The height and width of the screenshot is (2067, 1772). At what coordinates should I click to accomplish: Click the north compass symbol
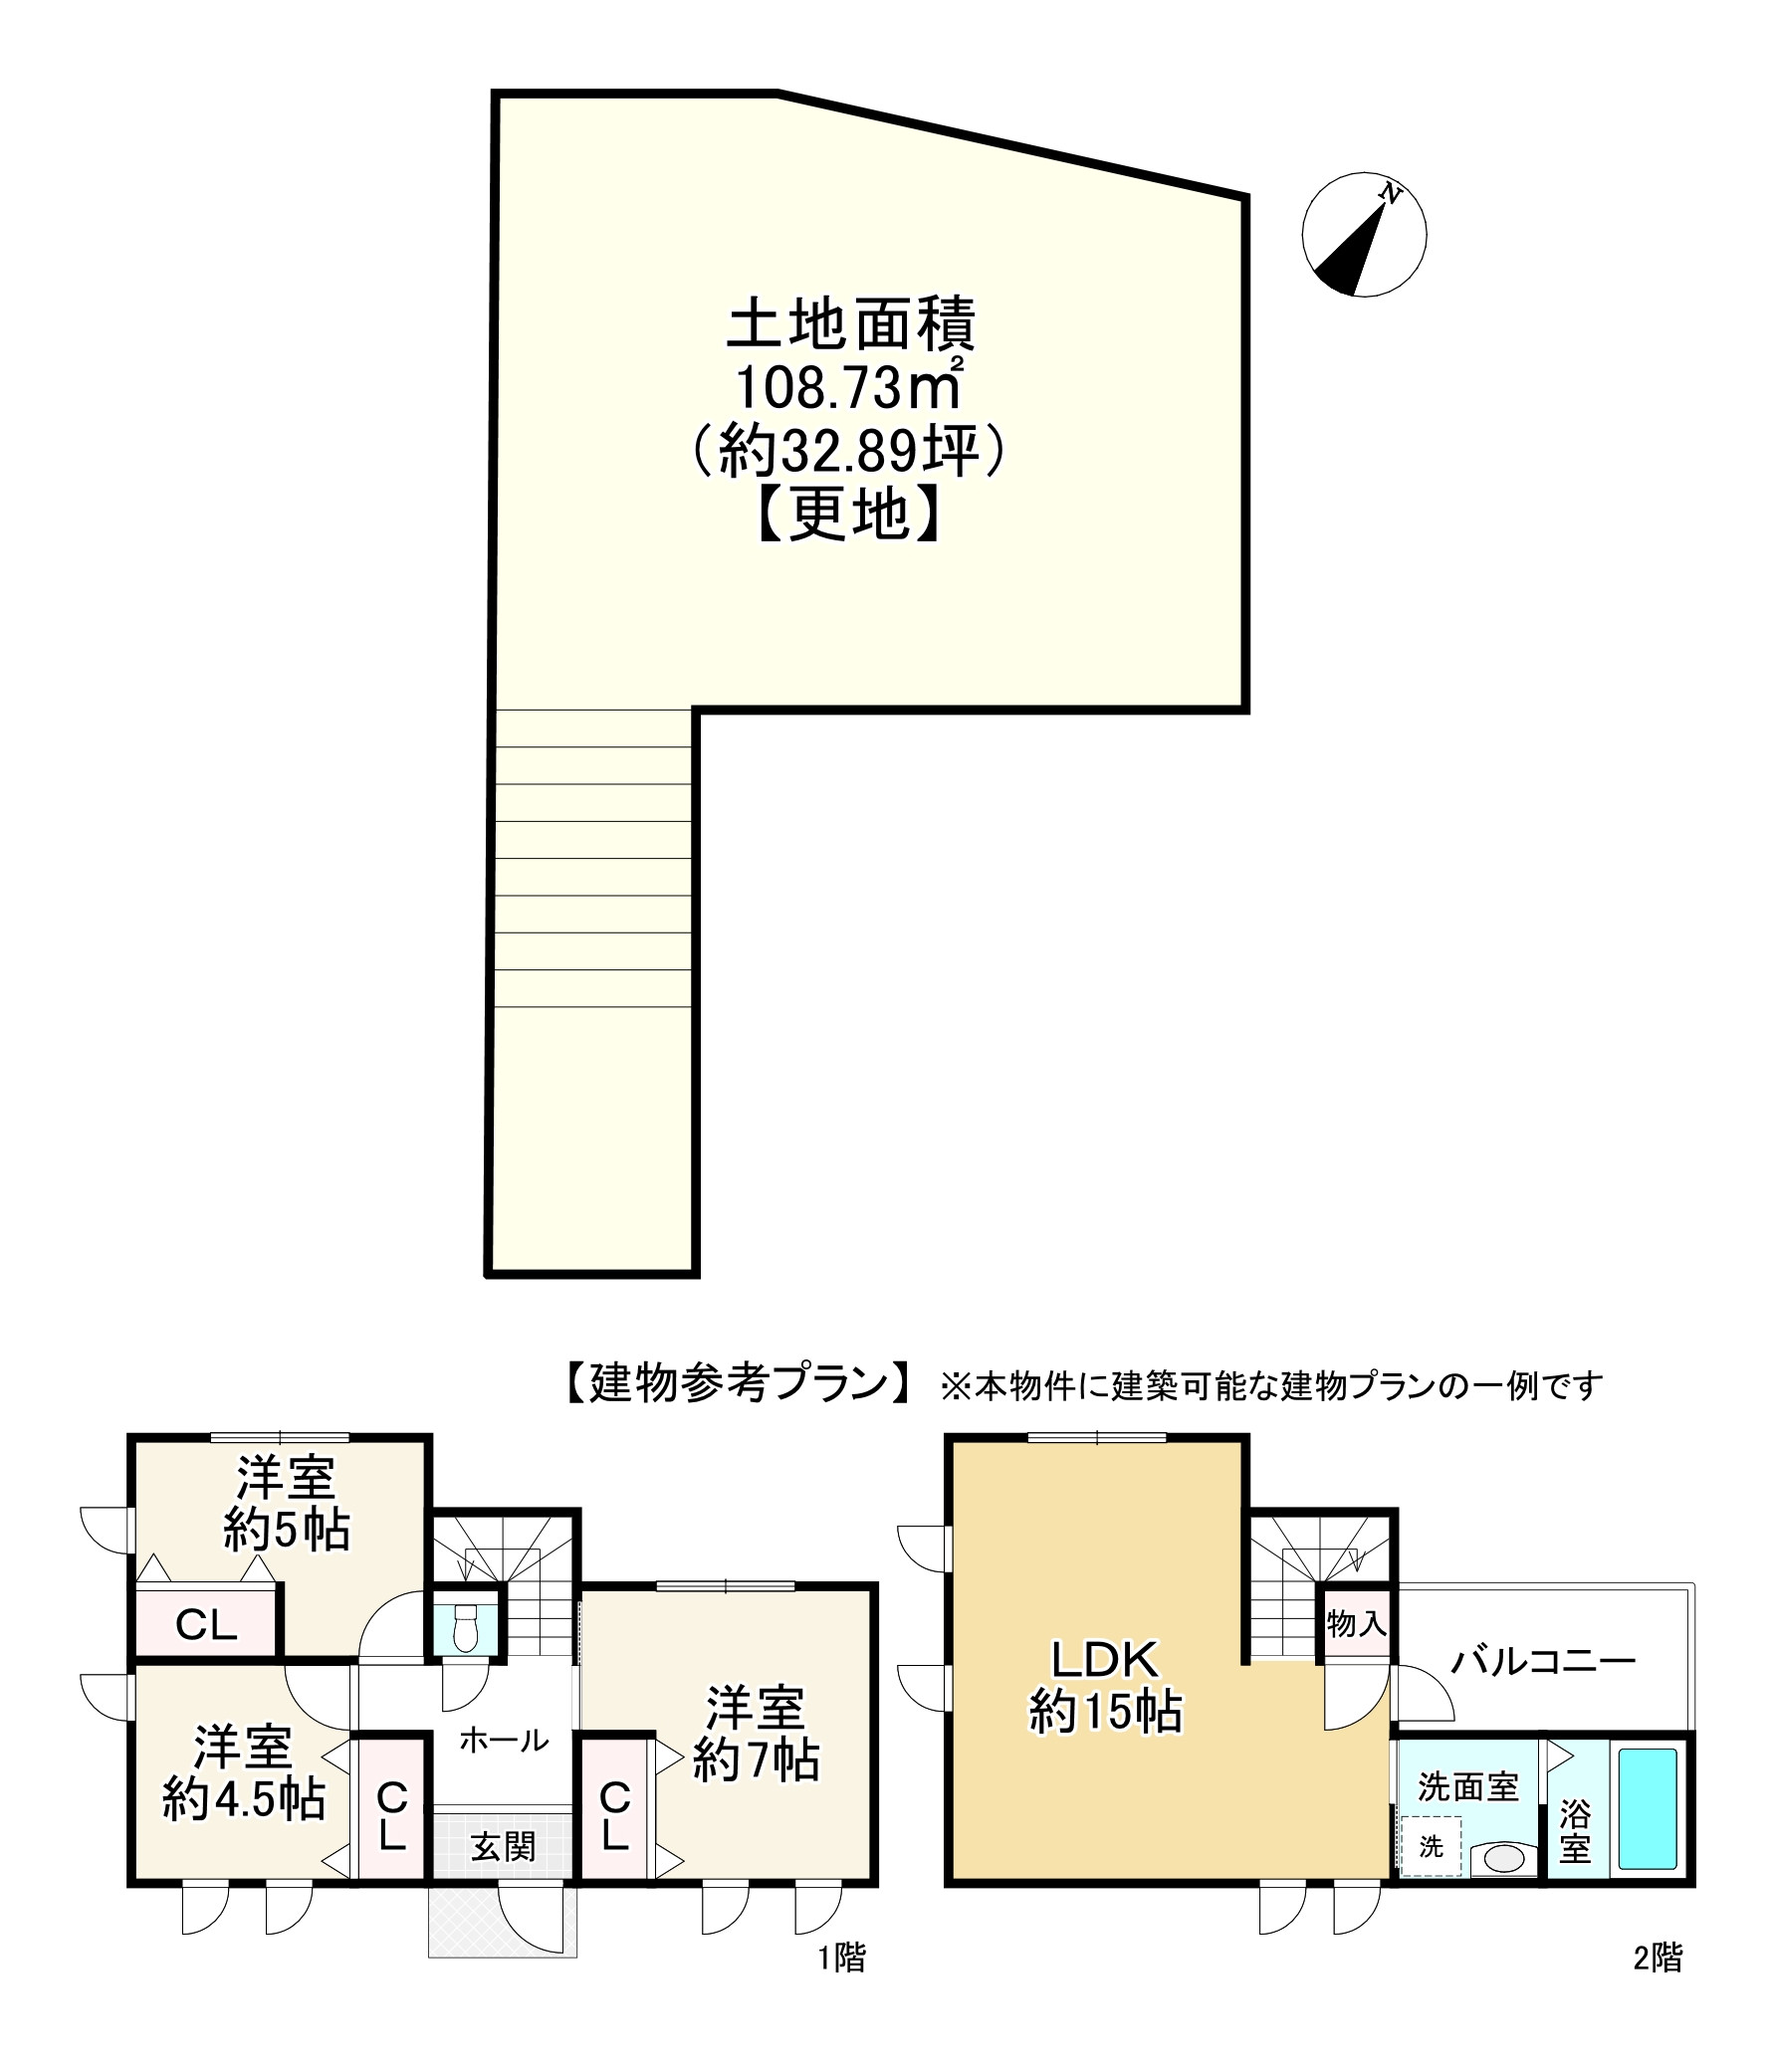(x=1363, y=236)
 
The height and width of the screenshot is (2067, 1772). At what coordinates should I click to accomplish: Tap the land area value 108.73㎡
(x=848, y=388)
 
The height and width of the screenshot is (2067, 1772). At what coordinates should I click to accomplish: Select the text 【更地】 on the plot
(x=848, y=516)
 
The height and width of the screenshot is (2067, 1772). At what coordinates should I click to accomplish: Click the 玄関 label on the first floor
(x=503, y=1847)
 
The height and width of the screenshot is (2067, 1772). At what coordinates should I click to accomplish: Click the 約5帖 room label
(x=286, y=1529)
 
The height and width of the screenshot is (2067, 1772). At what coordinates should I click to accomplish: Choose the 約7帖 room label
(x=756, y=1760)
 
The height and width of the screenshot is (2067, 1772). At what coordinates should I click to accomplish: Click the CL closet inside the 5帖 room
(x=206, y=1626)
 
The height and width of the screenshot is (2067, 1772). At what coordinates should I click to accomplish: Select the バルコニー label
(x=1542, y=1661)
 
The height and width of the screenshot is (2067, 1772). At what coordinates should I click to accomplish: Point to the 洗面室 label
(x=1467, y=1786)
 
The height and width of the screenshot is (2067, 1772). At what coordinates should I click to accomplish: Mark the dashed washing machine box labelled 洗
(x=1431, y=1846)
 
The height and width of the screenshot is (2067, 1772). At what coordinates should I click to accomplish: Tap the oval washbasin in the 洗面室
(x=1503, y=1858)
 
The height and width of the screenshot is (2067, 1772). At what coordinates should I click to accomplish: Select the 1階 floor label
(x=841, y=1959)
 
